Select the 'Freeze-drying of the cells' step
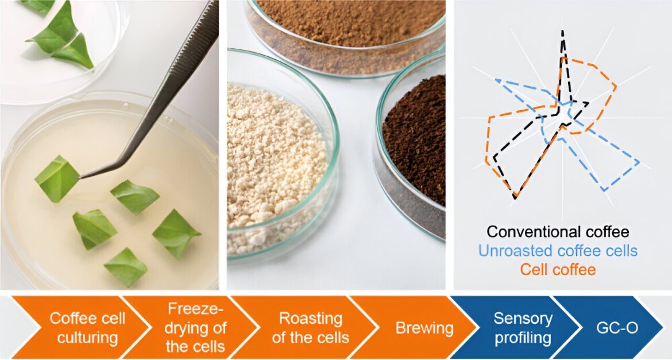tap(195, 328)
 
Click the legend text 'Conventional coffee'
tap(558, 232)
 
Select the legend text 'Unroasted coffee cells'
tap(558, 251)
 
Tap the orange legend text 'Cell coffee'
tap(558, 270)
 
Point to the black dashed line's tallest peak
tap(562, 31)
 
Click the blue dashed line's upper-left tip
tap(496, 79)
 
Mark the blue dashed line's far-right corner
tap(639, 162)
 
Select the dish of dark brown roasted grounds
tap(411, 146)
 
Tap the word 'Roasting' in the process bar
tap(311, 319)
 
